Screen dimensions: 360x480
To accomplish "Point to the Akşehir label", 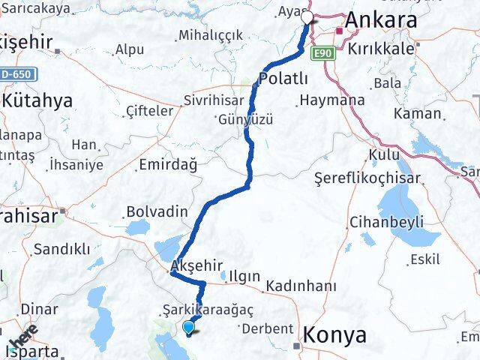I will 197,265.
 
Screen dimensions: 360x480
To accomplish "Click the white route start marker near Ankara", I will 307,16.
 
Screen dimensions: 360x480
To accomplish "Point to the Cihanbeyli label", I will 386,222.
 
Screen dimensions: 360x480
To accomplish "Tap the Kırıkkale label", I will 380,46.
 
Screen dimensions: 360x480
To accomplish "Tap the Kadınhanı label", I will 300,286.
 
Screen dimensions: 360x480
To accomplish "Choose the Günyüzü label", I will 243,118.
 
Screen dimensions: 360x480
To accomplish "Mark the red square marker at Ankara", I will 339,31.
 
